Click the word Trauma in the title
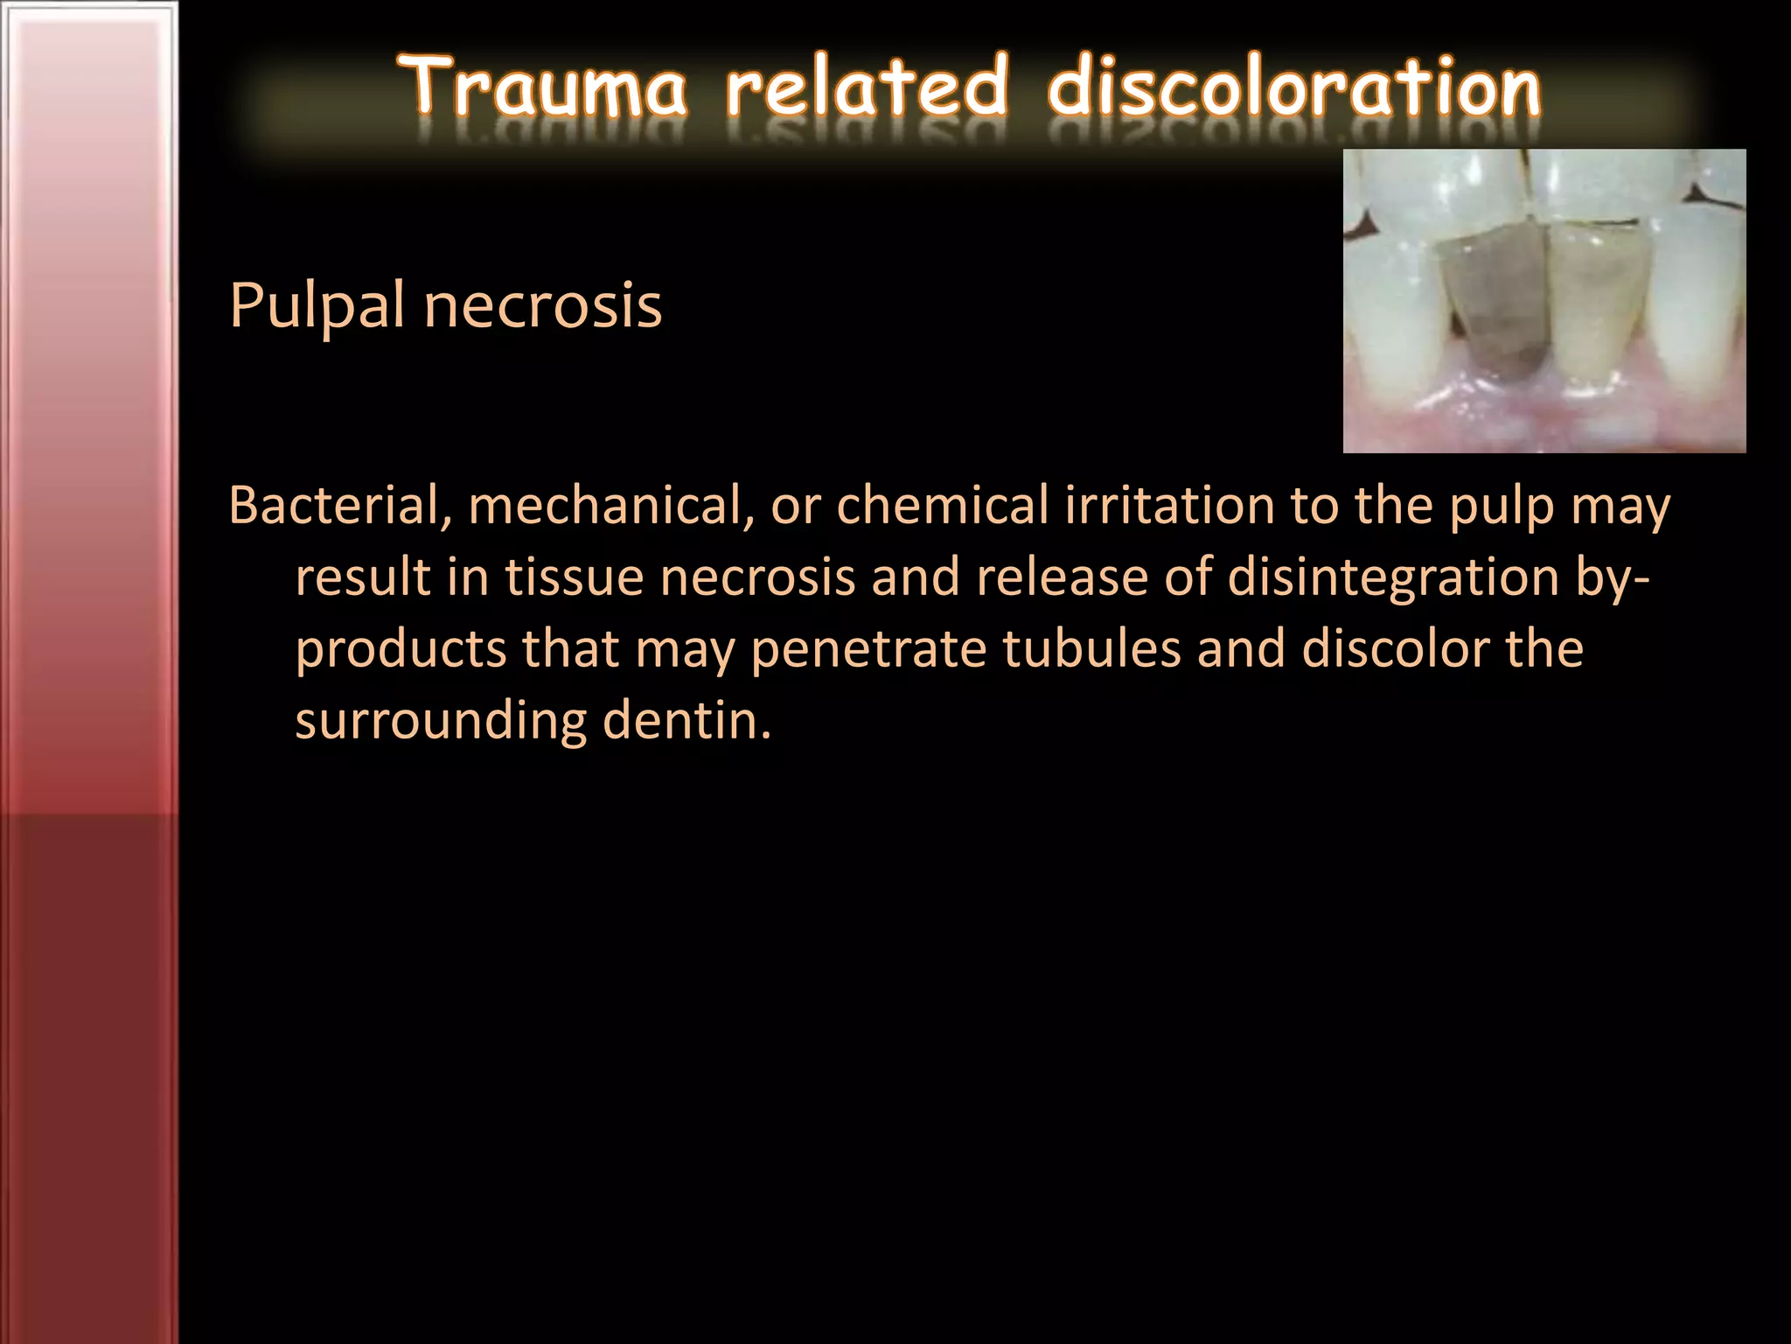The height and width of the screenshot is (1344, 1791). pos(545,87)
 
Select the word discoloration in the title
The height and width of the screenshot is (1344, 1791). pos(1294,87)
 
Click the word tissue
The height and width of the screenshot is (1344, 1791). pos(574,577)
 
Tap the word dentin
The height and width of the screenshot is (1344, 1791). pos(687,721)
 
